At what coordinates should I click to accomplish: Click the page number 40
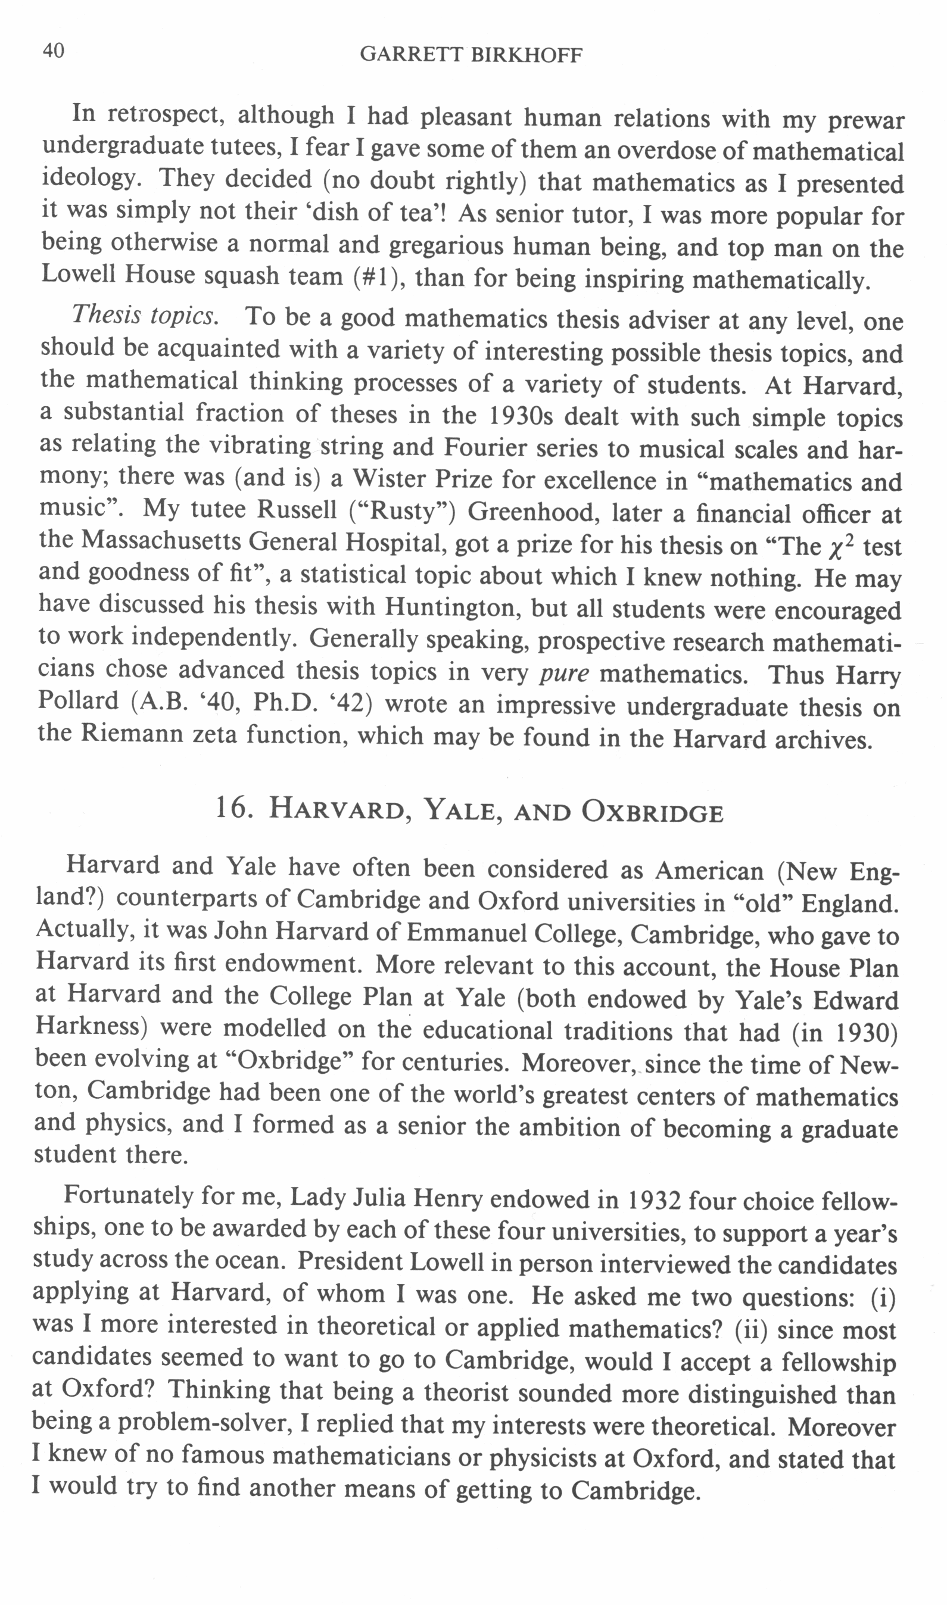pyautogui.click(x=54, y=51)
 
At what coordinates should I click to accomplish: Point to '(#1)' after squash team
pyautogui.click(x=379, y=278)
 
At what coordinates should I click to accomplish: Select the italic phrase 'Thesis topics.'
pyautogui.click(x=144, y=315)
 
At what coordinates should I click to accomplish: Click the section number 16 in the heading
pyautogui.click(x=230, y=809)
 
